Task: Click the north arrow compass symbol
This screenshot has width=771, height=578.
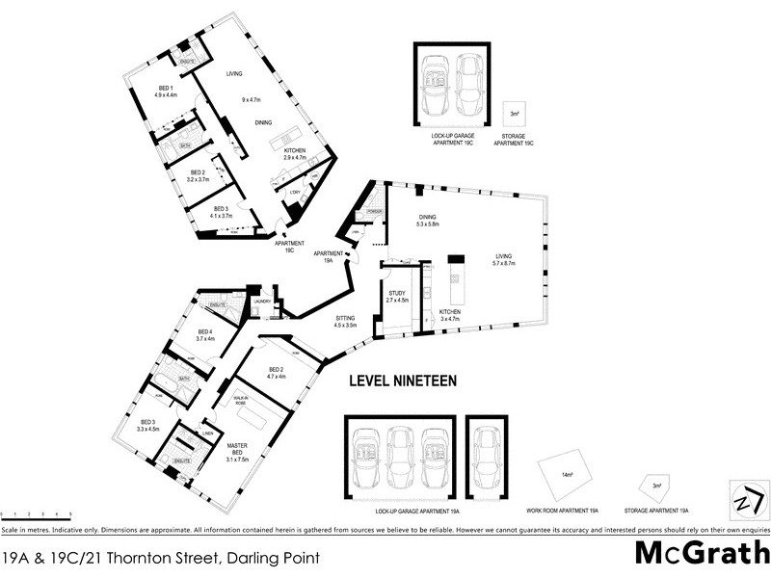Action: tap(743, 501)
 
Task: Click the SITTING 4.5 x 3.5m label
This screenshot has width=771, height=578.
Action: tap(344, 322)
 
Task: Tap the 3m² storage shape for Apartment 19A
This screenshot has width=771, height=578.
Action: tap(655, 486)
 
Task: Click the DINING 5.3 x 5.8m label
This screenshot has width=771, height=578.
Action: tap(428, 221)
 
